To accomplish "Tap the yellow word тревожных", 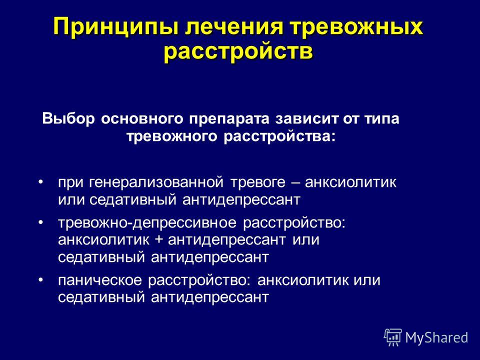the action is pyautogui.click(x=357, y=26).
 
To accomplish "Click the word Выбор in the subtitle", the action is pyautogui.click(x=68, y=119).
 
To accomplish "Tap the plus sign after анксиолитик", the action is pyautogui.click(x=159, y=240).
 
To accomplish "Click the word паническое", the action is pyautogui.click(x=100, y=280).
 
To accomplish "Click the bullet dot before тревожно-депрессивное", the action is pyautogui.click(x=40, y=222).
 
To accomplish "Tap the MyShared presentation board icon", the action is pyautogui.click(x=393, y=337).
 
